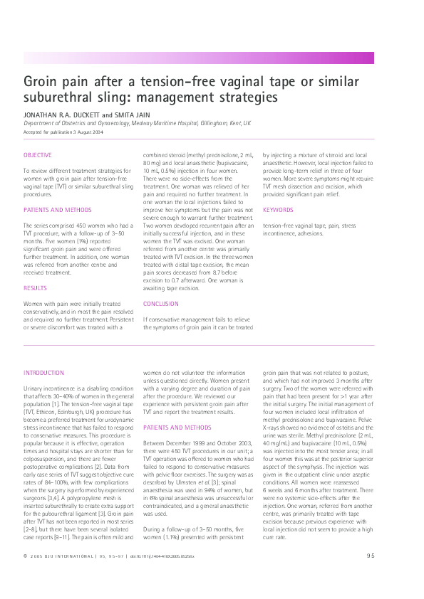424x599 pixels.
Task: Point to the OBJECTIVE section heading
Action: pyautogui.click(x=38, y=154)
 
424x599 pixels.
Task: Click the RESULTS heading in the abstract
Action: pyautogui.click(x=35, y=287)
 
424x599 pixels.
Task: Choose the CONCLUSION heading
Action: pyautogui.click(x=161, y=304)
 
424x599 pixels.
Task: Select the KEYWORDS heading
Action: pyautogui.click(x=278, y=210)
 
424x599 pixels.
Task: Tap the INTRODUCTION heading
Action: pyautogui.click(x=43, y=372)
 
